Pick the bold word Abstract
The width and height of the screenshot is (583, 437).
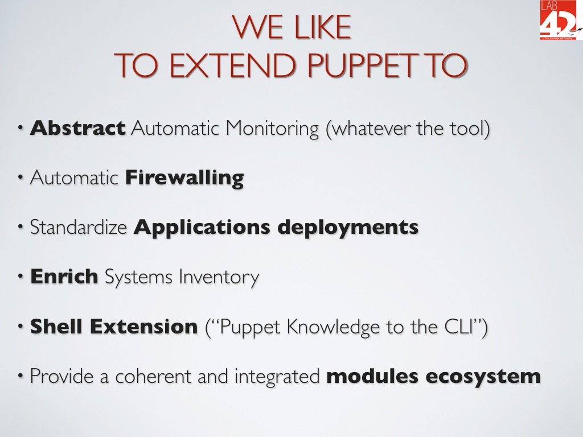tap(77, 128)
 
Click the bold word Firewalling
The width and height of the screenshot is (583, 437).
tap(184, 178)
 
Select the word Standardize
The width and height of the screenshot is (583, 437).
tap(78, 228)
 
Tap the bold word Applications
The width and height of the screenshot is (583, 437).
tap(202, 228)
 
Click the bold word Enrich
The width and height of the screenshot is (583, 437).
tap(64, 277)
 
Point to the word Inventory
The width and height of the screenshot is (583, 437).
tap(219, 278)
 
